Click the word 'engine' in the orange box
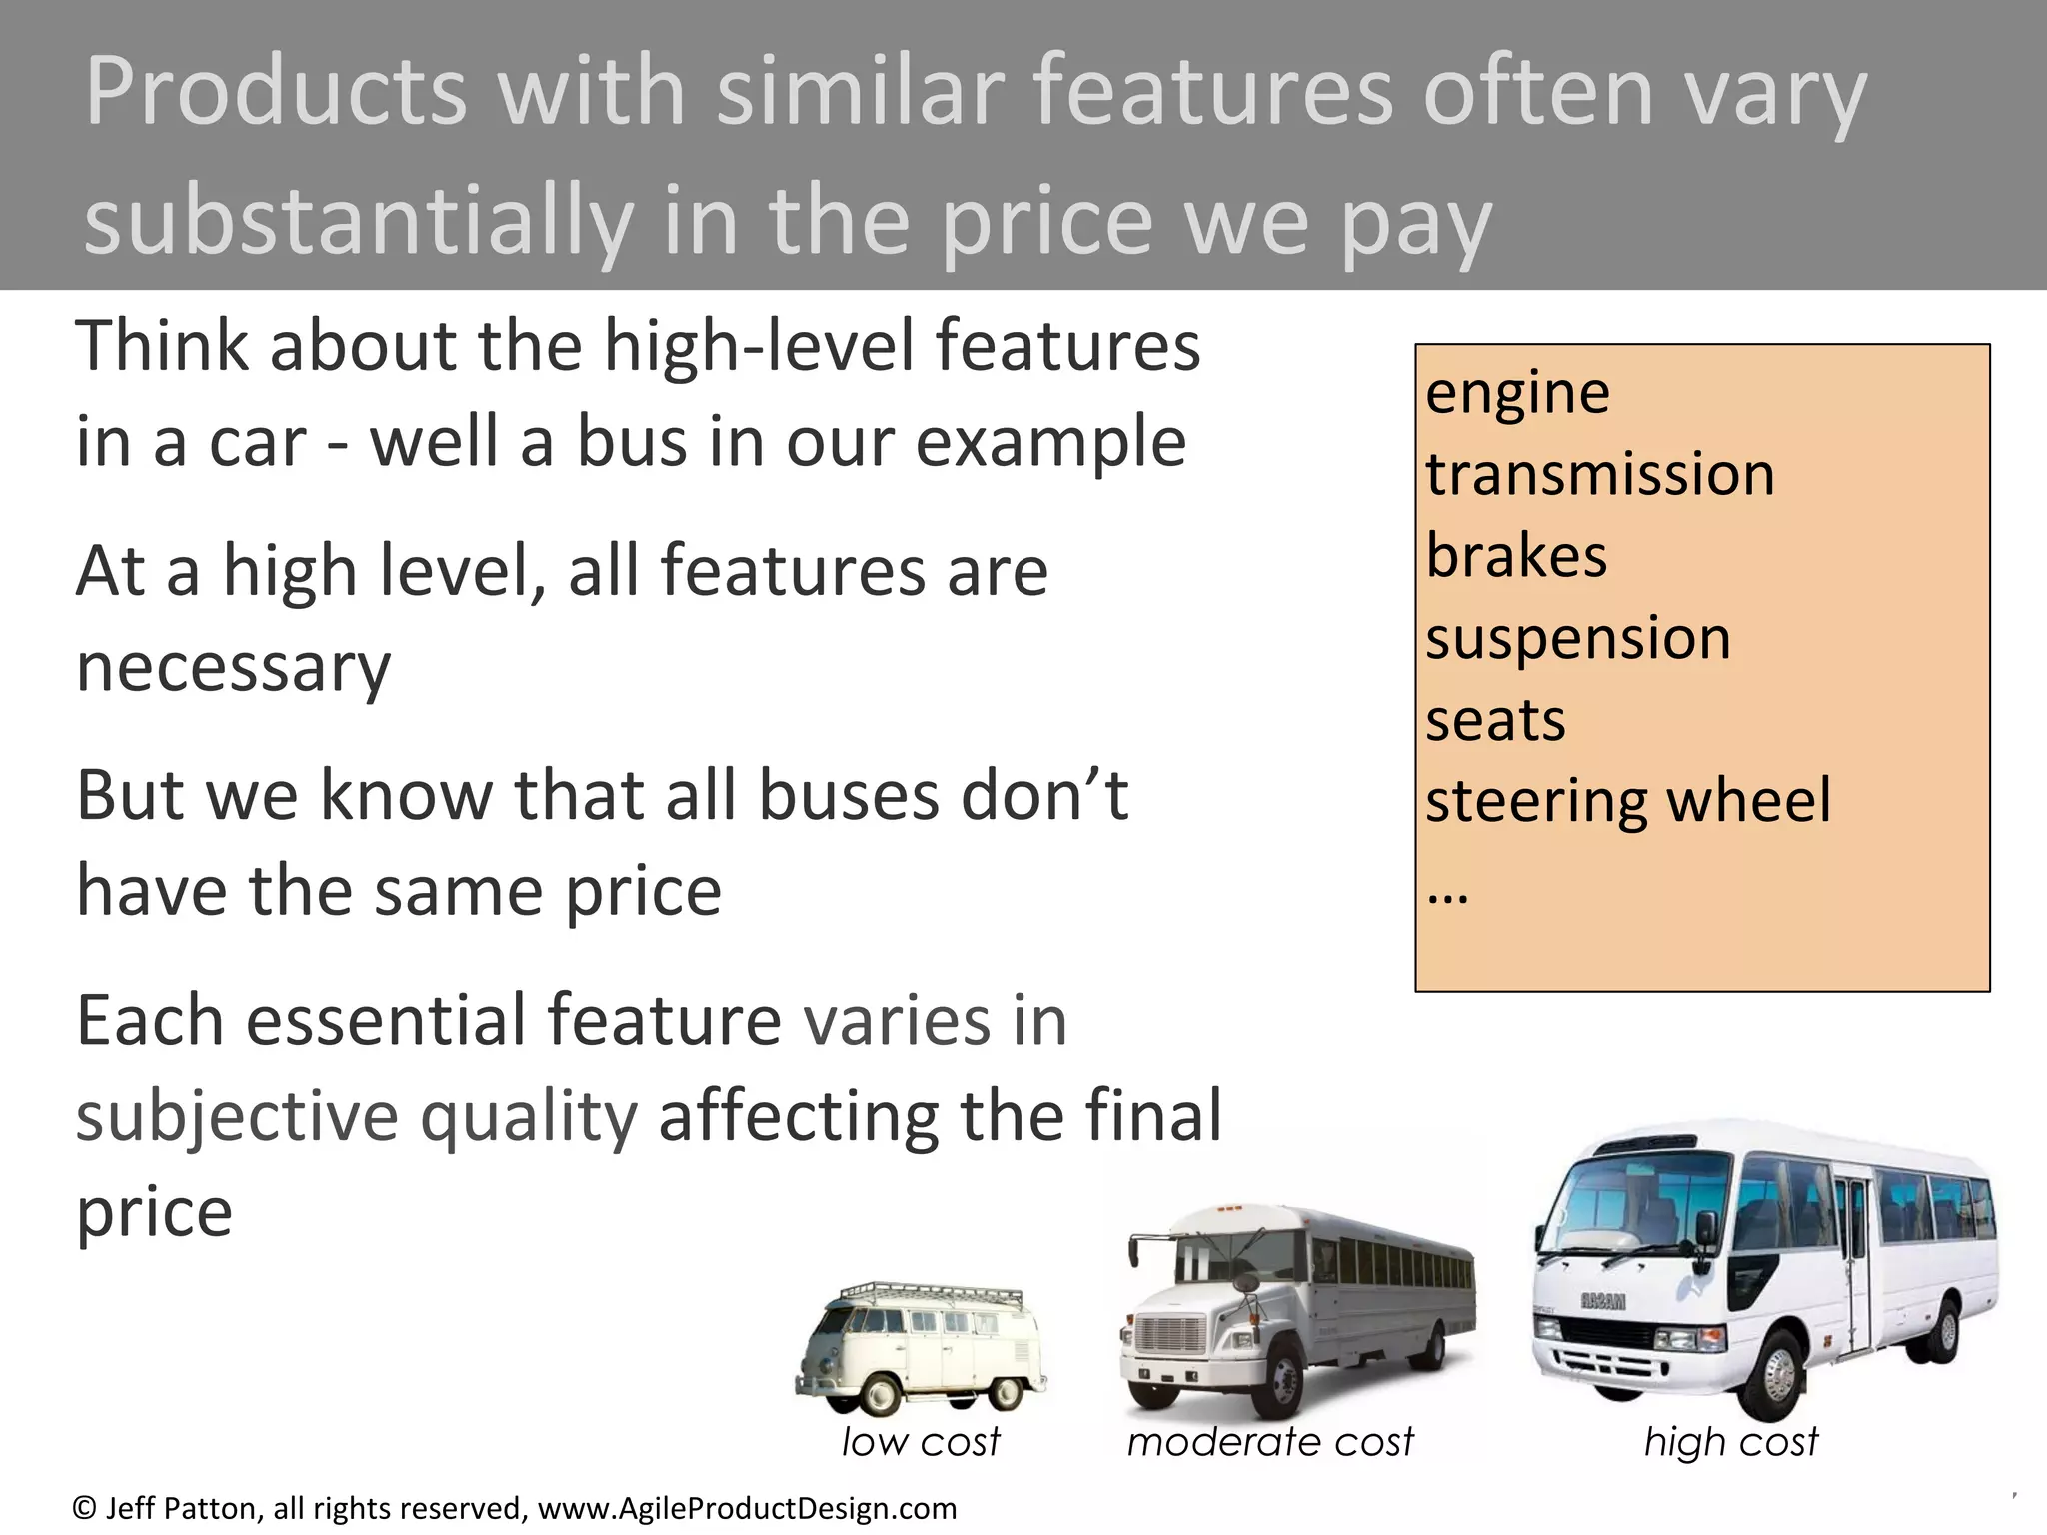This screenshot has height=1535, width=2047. (x=1517, y=392)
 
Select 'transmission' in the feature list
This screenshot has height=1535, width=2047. (x=1599, y=474)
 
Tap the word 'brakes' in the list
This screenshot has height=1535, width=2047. (x=1515, y=556)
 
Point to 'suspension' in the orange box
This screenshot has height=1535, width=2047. (x=1577, y=638)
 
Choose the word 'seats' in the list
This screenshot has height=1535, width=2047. (x=1494, y=720)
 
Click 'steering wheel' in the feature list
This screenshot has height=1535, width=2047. (x=1627, y=801)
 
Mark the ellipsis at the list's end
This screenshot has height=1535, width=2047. (x=1447, y=892)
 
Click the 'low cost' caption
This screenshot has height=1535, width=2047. (x=920, y=1442)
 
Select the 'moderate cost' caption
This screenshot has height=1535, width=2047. (x=1270, y=1442)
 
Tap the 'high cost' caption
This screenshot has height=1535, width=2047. (x=1731, y=1442)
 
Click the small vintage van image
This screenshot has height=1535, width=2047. (x=920, y=1349)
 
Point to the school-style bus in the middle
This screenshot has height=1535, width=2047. (x=1299, y=1309)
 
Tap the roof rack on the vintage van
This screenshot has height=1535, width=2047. (x=935, y=1293)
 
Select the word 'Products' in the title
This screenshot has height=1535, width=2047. (x=275, y=92)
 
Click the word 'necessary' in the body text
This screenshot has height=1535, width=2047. (x=233, y=668)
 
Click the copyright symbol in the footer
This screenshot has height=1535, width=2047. (x=85, y=1508)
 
